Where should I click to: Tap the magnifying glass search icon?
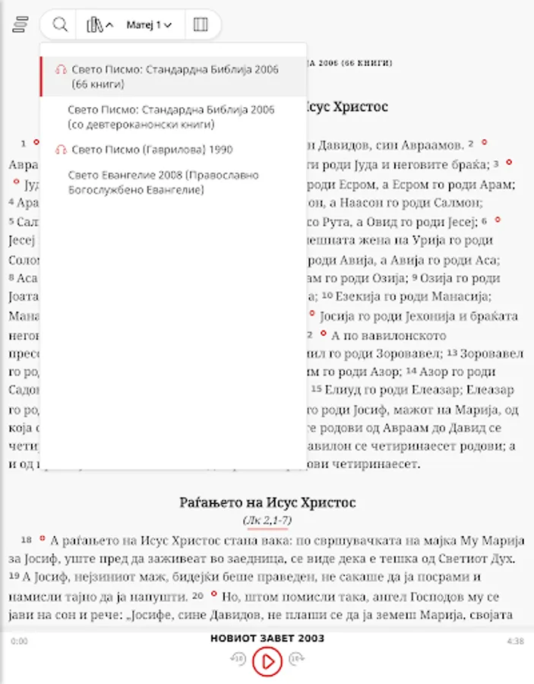point(60,25)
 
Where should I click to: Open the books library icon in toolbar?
point(95,25)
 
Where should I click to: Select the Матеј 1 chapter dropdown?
point(149,25)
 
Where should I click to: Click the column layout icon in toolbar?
point(201,25)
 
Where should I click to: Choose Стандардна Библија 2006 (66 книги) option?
point(175,76)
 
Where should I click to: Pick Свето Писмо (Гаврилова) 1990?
point(152,150)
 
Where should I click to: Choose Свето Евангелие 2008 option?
point(163,182)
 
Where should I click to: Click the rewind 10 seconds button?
point(238,660)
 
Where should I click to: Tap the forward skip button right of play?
point(297,660)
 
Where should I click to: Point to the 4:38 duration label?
point(515,641)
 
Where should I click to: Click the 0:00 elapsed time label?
point(19,641)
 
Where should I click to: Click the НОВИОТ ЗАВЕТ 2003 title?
point(267,638)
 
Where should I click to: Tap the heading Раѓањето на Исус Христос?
point(267,502)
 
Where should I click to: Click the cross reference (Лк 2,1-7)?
point(267,521)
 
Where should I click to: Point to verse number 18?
point(27,540)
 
